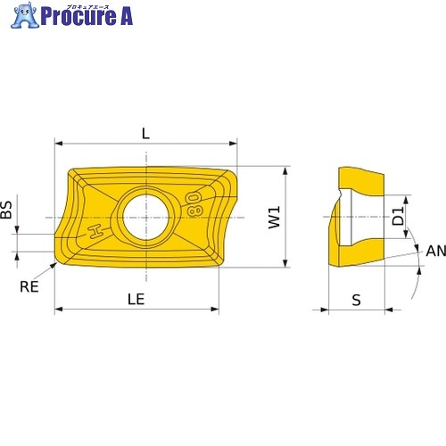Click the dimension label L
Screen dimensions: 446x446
click(145, 134)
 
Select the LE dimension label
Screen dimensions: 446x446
click(136, 299)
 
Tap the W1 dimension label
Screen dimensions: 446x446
click(274, 218)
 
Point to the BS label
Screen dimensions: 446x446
click(6, 210)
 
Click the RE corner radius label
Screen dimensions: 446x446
click(29, 286)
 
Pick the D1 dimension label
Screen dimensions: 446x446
click(398, 216)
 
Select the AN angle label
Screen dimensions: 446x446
click(436, 251)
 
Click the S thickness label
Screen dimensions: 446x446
click(356, 300)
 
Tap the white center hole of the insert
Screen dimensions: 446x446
click(146, 218)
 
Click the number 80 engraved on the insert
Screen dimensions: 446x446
click(195, 204)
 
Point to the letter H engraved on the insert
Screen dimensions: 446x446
click(95, 232)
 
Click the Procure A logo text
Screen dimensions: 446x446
click(87, 16)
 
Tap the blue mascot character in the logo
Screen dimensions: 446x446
click(25, 15)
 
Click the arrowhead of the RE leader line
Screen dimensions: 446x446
click(54, 265)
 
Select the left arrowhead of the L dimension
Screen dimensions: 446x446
click(59, 144)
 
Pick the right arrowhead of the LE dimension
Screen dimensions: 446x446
click(215, 310)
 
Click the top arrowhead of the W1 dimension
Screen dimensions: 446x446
click(285, 170)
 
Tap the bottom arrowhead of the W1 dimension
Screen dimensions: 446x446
click(285, 263)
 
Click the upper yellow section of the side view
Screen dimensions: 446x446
click(361, 181)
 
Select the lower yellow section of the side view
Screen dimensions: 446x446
click(361, 252)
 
